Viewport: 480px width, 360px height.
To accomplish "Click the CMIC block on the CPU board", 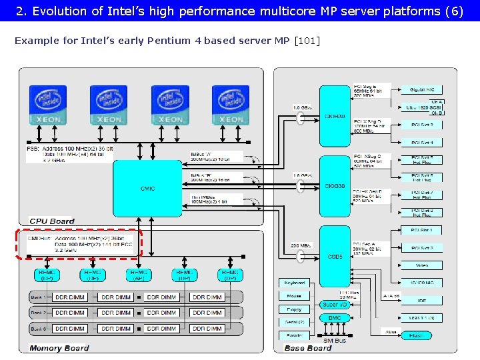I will (147, 188).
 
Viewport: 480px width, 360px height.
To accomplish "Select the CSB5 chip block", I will (335, 256).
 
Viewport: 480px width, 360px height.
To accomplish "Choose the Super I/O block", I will (334, 304).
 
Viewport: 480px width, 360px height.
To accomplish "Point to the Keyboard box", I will (294, 283).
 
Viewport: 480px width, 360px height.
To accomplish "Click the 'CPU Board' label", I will (52, 221).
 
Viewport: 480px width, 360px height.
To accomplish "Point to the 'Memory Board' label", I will (59, 347).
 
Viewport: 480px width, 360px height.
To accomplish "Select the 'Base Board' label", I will (307, 347).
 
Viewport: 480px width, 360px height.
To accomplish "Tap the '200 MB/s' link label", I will (301, 245).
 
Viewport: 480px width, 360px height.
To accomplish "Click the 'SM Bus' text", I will (335, 340).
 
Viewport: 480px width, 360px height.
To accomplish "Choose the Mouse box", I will (294, 296).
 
